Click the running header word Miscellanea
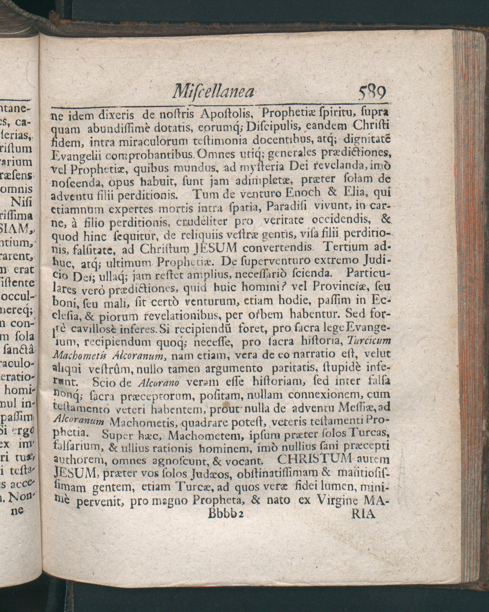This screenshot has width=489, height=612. pos(213,92)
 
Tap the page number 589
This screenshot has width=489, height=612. pos(372,92)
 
